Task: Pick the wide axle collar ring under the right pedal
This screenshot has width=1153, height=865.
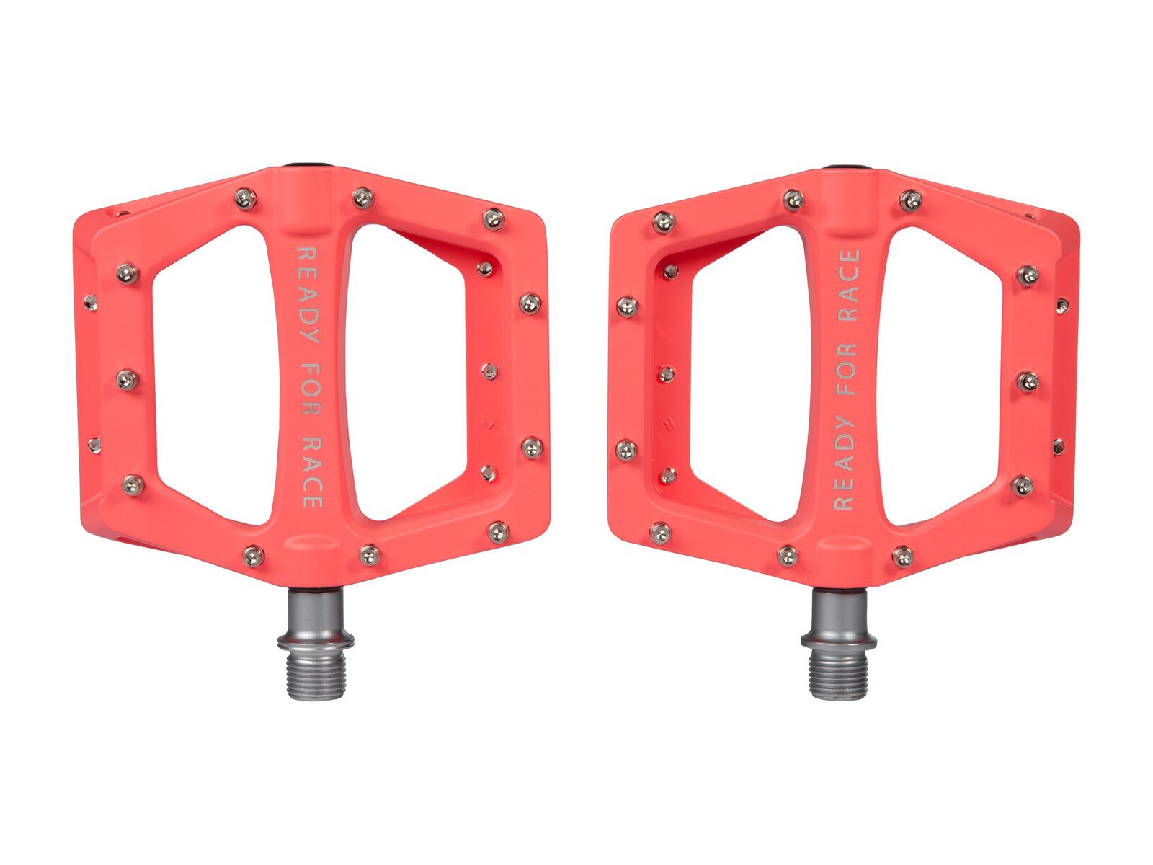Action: pyautogui.click(x=839, y=639)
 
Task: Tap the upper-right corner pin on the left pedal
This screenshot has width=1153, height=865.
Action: pyautogui.click(x=493, y=218)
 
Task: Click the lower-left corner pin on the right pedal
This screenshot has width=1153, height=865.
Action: pyautogui.click(x=660, y=533)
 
